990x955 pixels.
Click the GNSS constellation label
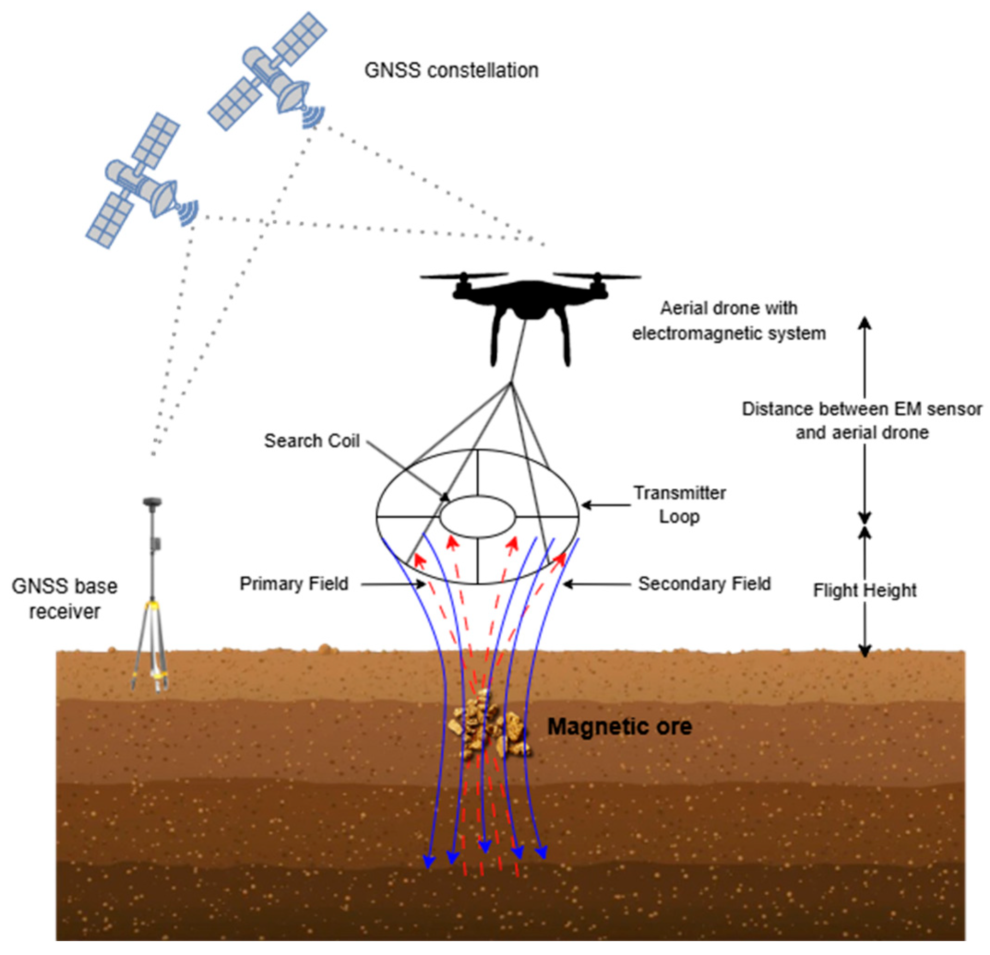point(451,70)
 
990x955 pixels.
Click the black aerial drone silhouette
point(530,308)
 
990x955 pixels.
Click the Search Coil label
point(312,441)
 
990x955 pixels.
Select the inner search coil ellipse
point(477,517)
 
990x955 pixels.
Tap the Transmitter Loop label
point(679,505)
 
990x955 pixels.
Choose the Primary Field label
point(294,584)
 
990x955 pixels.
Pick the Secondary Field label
point(704,584)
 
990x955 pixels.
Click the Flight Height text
point(864,590)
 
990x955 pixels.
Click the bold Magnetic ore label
point(620,727)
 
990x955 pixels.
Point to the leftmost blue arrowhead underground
point(429,861)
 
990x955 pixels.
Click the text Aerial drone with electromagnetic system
point(729,321)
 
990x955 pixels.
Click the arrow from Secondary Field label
point(596,584)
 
